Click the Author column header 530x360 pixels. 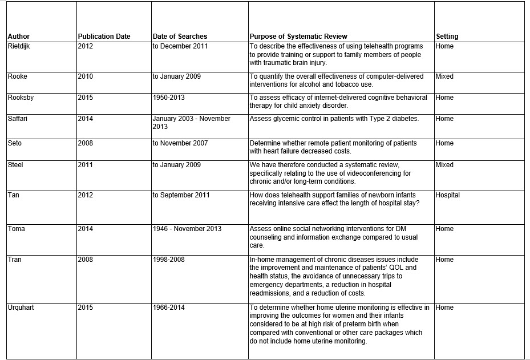coord(19,37)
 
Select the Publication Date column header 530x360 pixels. coord(104,37)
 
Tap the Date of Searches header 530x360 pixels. coord(180,37)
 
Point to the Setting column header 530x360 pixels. coord(447,37)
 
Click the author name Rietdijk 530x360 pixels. coord(21,46)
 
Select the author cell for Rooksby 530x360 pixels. coord(21,98)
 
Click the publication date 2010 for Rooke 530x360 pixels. coord(85,76)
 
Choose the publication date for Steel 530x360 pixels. coord(85,165)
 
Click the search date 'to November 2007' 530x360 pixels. coord(180,143)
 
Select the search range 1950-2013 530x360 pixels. coord(168,98)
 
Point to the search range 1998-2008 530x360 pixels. coord(168,260)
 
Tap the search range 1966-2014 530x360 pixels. coord(168,308)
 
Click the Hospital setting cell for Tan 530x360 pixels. coord(447,195)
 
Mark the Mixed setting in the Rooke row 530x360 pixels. coord(444,76)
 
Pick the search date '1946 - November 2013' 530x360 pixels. coord(187,229)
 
